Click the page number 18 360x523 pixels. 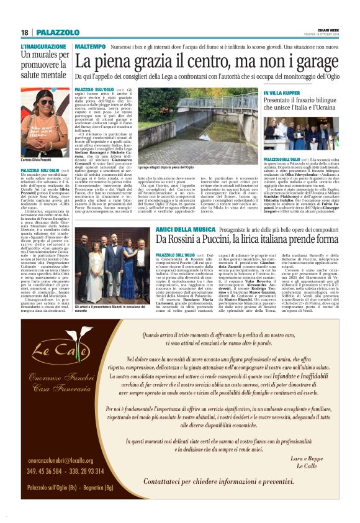24,32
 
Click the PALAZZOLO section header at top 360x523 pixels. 56,32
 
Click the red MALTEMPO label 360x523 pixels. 89,47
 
